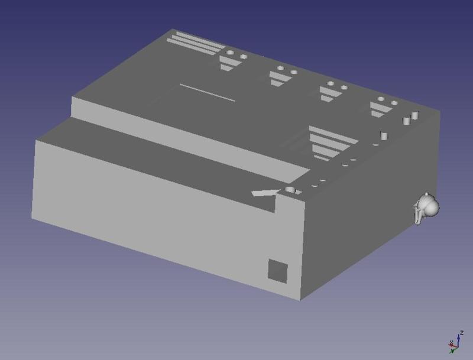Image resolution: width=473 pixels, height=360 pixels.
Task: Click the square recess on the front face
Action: pos(278,270)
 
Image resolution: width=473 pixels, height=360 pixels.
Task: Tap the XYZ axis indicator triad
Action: pos(455,342)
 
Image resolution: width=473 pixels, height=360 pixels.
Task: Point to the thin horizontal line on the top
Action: pos(207,93)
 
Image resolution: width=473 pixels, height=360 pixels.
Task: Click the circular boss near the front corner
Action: pos(290,190)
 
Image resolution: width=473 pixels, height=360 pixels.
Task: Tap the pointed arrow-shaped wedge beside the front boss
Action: pos(264,192)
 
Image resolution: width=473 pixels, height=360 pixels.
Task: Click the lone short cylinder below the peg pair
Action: pos(384,135)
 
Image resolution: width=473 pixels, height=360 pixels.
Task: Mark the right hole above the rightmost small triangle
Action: pos(393,103)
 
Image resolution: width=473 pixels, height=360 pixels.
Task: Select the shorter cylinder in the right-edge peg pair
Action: pos(406,121)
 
